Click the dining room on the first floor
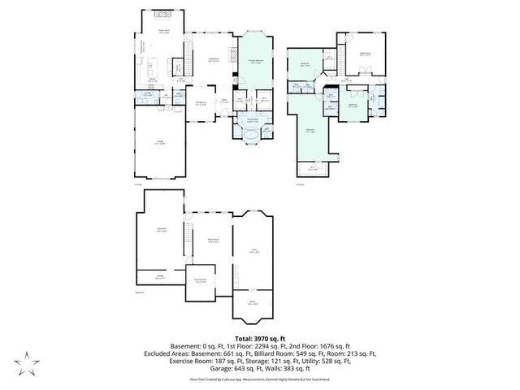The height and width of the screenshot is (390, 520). click(x=201, y=103)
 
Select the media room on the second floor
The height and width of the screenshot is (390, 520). click(x=365, y=55)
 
